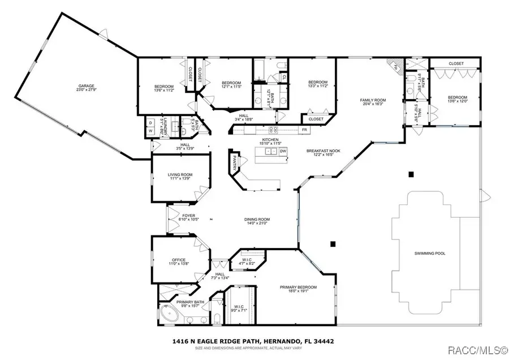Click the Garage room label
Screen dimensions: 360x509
(86, 87)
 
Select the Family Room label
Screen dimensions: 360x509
(372, 100)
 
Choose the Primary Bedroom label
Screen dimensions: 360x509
(298, 288)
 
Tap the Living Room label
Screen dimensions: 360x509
(180, 175)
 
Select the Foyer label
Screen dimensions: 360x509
(187, 216)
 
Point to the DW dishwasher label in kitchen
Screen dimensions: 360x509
(283, 151)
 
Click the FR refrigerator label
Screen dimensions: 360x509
(304, 130)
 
